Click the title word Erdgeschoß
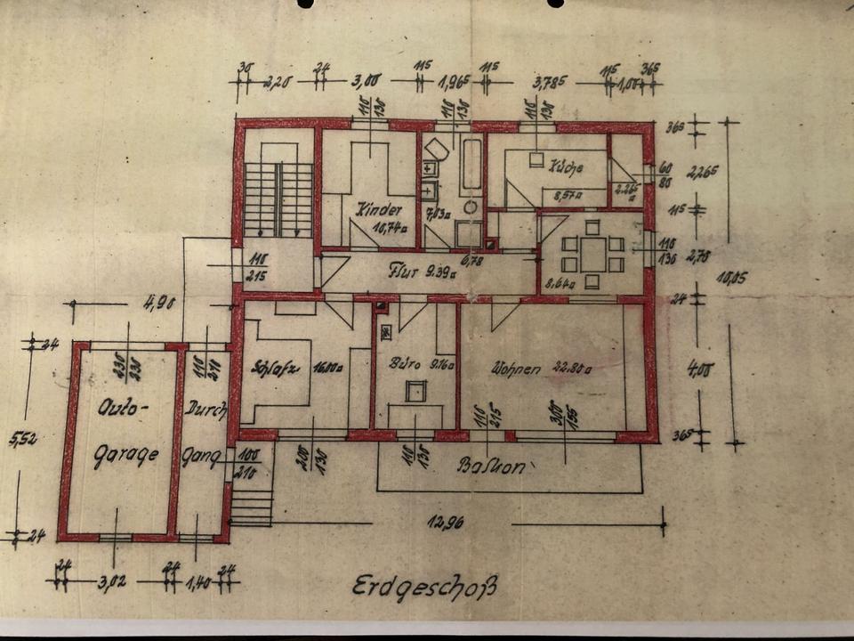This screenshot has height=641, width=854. point(424,588)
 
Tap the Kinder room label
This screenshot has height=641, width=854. point(374,210)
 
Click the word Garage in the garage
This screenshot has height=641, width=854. point(126,454)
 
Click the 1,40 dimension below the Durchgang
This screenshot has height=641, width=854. point(199,583)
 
